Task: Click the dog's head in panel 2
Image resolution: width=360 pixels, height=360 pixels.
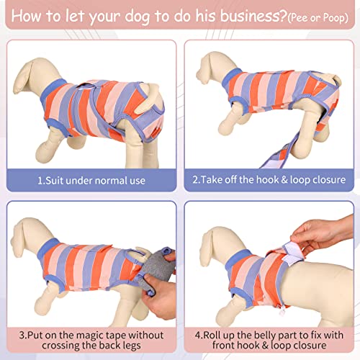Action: click(x=209, y=68)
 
